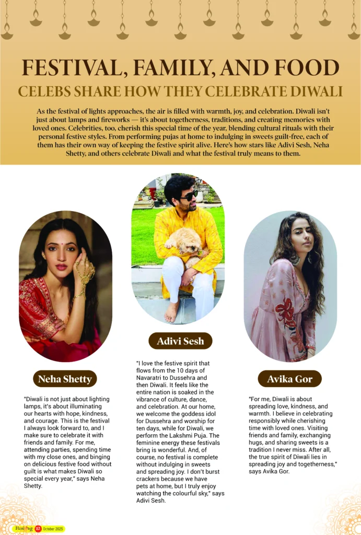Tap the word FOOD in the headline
(x=305, y=69)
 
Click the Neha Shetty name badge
(x=64, y=379)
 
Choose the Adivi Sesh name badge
(x=180, y=342)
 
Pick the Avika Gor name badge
(x=289, y=379)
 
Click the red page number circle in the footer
(x=38, y=528)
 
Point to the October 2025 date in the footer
(x=54, y=529)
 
